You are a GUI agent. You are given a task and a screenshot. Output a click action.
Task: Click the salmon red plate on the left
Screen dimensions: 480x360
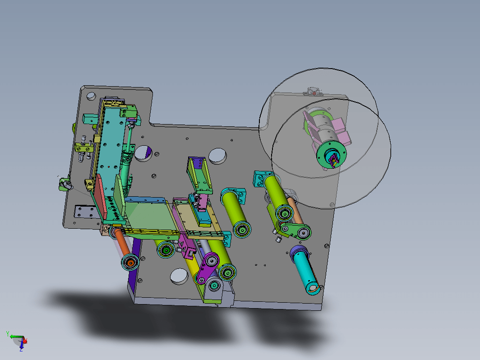(x=100, y=196)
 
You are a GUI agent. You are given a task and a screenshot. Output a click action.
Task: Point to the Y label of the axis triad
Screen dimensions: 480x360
(x=8, y=334)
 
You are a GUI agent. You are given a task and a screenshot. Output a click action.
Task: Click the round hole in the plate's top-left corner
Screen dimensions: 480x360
(x=91, y=96)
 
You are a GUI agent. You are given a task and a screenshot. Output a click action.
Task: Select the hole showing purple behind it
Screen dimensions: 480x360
(x=143, y=153)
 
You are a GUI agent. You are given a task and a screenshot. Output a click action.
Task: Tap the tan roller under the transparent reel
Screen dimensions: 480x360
(x=295, y=211)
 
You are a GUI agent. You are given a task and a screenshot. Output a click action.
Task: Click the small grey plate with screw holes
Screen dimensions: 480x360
(x=85, y=212)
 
